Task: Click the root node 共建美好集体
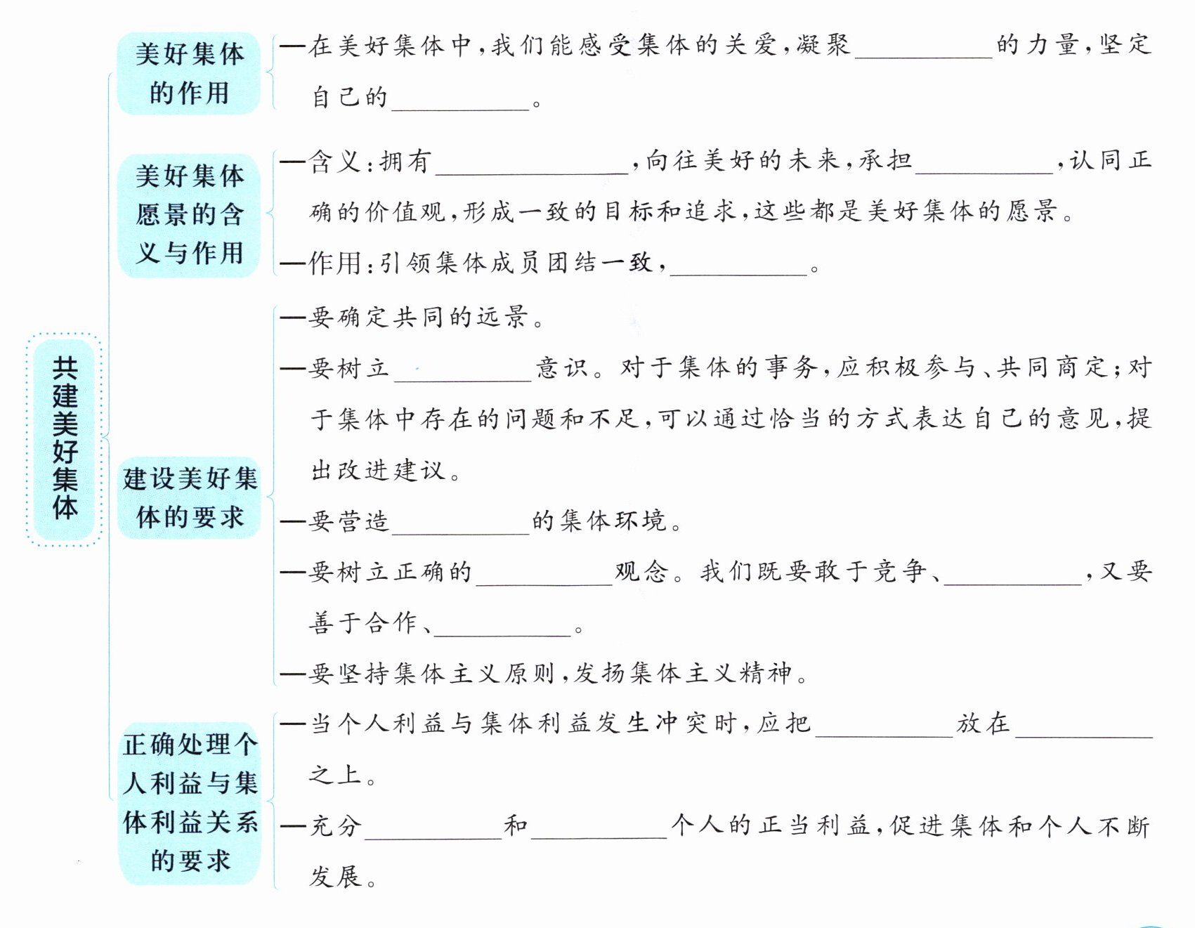65,438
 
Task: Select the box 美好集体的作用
189,73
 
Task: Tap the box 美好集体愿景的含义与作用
189,214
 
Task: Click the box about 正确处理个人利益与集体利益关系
190,802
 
